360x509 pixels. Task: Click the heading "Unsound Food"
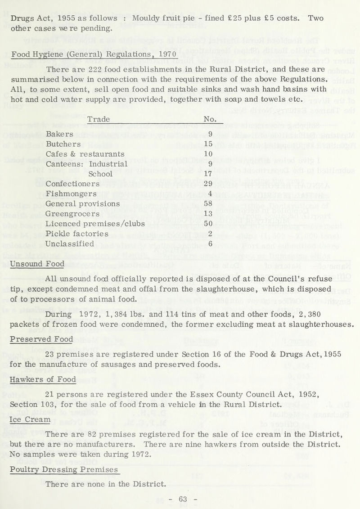click(36, 263)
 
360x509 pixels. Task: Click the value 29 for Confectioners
click(207, 171)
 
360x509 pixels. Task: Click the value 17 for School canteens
click(207, 162)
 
